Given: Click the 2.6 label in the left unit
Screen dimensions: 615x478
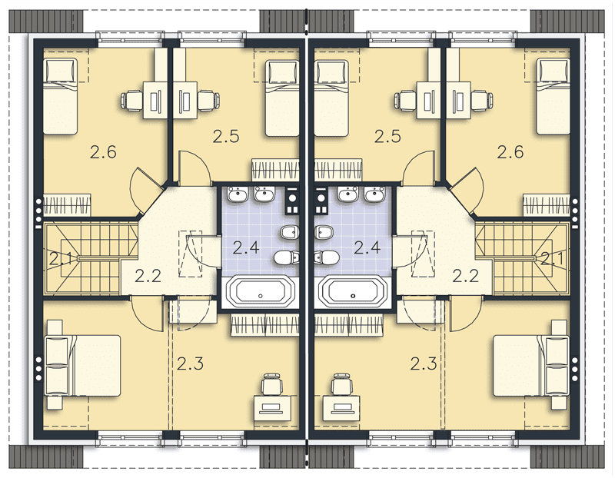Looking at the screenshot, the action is click(103, 151).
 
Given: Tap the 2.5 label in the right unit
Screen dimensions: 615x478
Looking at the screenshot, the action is click(387, 137).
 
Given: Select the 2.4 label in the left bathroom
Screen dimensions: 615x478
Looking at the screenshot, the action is click(246, 247).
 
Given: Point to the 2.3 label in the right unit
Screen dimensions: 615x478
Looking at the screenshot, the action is click(424, 364).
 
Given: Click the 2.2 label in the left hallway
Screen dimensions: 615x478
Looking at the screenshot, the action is click(148, 276).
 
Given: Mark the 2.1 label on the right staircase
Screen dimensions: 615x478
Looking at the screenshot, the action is click(552, 258).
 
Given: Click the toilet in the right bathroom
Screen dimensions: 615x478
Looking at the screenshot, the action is click(327, 257).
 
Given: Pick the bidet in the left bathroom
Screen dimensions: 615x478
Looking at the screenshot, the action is click(291, 233).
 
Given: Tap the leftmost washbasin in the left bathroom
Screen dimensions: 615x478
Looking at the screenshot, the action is click(237, 194).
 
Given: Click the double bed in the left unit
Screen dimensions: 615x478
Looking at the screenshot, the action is click(83, 365).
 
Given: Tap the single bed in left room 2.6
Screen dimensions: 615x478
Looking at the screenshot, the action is click(59, 97).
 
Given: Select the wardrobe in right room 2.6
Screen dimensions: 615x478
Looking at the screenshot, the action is click(547, 204).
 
